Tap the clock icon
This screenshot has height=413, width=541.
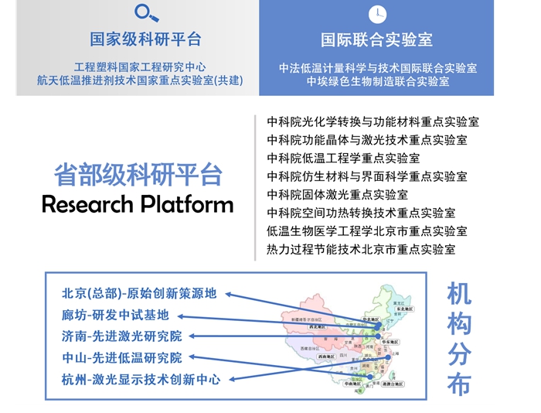pos(378,12)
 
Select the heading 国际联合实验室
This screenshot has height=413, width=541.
pos(377,39)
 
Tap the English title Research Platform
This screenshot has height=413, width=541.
pos(138,204)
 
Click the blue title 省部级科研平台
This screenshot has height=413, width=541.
pos(138,174)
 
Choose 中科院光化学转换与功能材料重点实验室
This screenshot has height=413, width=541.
pos(373,122)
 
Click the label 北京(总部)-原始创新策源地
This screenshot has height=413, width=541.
pos(139,294)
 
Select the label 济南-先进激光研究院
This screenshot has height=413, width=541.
pos(122,336)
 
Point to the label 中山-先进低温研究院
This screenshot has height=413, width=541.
pos(122,358)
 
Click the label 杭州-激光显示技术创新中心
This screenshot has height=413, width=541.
pos(141,380)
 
